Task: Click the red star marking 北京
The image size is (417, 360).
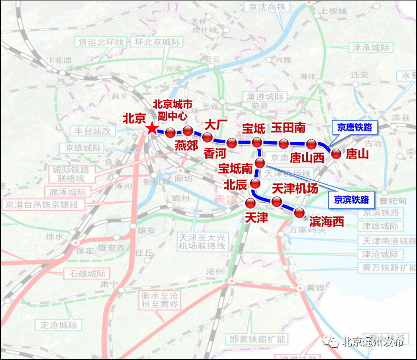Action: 152,129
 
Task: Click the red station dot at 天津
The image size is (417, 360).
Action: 251,203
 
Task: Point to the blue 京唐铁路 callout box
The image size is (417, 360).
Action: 354,127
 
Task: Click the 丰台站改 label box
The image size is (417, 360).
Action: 93,131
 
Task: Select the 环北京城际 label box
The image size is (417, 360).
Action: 157,42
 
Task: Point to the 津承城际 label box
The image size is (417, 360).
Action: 371,48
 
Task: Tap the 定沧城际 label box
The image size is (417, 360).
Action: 59,325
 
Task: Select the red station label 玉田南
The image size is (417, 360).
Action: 288,128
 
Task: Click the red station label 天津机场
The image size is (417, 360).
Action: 295,188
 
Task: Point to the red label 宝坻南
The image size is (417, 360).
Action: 235,168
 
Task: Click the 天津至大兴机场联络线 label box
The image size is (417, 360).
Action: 202,241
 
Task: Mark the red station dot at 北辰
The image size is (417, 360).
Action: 255,184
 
